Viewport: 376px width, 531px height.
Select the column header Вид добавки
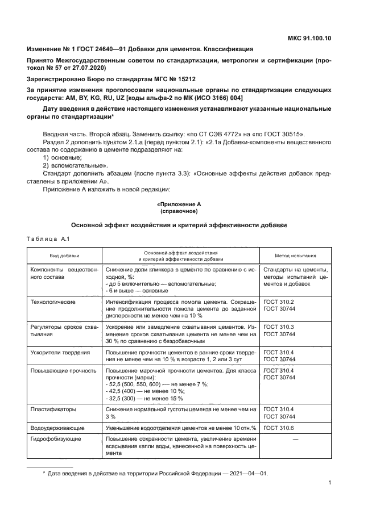coord(64,255)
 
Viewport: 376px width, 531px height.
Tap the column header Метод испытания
coord(294,255)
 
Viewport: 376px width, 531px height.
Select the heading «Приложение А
coord(179,203)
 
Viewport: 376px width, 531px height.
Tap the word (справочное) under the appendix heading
coord(179,211)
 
